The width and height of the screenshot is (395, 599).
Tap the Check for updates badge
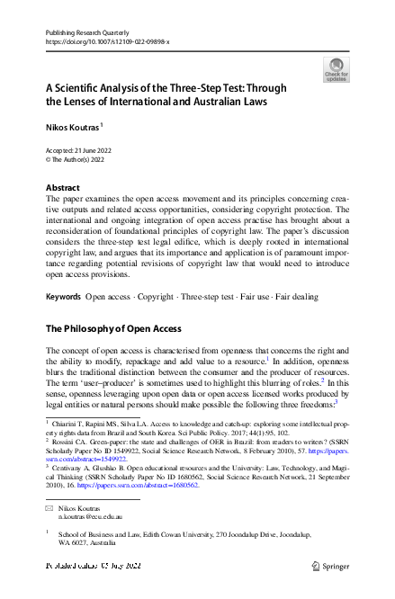[335, 69]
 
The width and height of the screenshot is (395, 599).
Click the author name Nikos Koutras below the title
[72, 128]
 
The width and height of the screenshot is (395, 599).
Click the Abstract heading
[63, 188]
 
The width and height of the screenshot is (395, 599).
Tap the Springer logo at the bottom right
[332, 566]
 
